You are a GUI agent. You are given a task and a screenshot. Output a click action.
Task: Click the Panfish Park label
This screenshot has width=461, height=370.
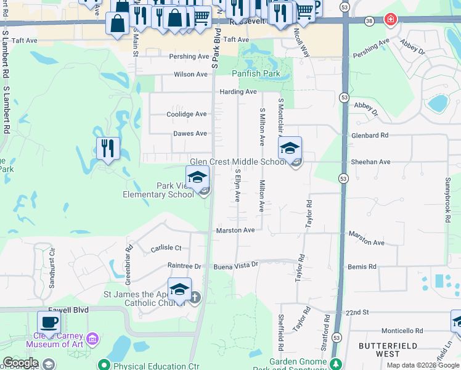(x=256, y=73)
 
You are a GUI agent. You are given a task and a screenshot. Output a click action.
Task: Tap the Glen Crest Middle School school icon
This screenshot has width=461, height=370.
(x=290, y=149)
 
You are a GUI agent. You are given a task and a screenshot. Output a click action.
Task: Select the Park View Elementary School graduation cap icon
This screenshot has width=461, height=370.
(x=197, y=178)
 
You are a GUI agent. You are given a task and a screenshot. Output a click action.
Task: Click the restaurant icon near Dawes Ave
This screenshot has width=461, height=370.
(x=108, y=149)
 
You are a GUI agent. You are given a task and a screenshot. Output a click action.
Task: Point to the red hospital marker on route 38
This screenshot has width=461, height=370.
(x=390, y=20)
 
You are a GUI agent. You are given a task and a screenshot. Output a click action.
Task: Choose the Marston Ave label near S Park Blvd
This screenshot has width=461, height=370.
(x=235, y=231)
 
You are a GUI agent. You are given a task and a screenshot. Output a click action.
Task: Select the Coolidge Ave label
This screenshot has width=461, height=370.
(x=187, y=114)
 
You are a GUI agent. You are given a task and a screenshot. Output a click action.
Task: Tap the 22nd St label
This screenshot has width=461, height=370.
(x=356, y=313)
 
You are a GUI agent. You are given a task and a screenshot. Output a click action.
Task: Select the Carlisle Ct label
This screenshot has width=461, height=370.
(x=166, y=248)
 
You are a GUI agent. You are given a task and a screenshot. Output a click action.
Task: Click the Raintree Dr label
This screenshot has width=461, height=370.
(x=184, y=266)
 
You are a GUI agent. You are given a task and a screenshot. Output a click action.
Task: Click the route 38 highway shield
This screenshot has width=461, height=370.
(x=369, y=20)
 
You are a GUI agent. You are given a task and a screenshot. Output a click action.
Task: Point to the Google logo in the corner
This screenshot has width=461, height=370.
(x=20, y=363)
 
